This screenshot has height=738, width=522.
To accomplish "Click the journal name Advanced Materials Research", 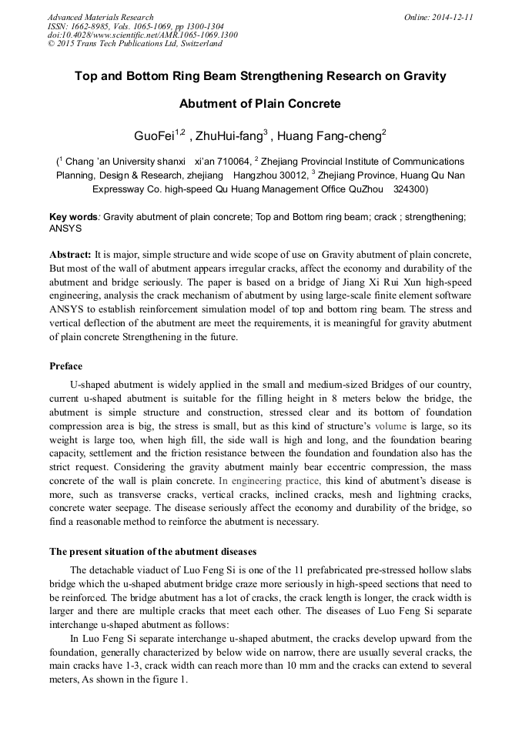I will pyautogui.click(x=101, y=17).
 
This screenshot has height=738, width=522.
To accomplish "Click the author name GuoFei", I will pyautogui.click(x=154, y=136).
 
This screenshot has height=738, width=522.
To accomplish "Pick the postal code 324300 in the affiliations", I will pyautogui.click(x=408, y=188).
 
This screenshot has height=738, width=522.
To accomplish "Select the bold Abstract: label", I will pyautogui.click(x=70, y=254).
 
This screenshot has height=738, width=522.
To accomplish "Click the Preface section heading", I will pyautogui.click(x=66, y=366).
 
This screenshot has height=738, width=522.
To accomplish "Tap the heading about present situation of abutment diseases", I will pyautogui.click(x=153, y=552).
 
